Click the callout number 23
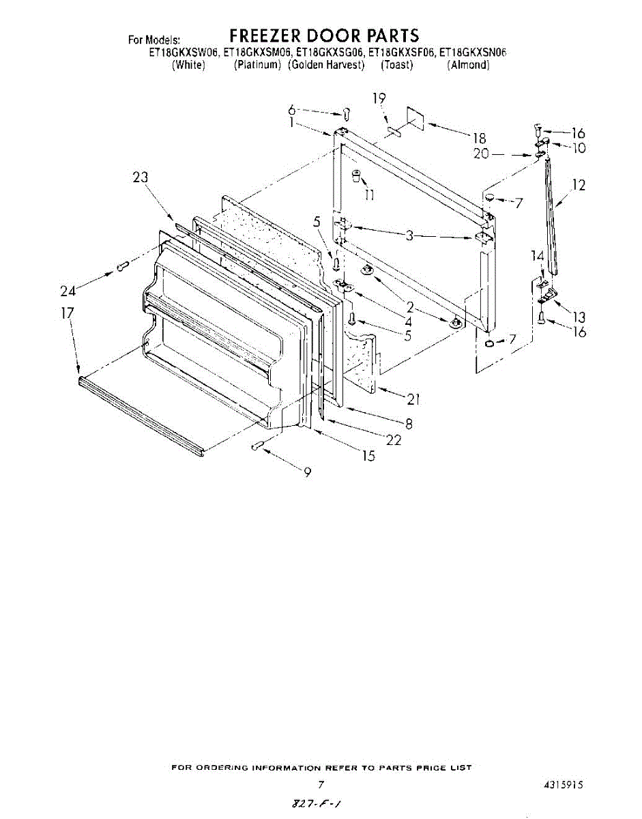tap(141, 177)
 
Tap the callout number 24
tap(68, 291)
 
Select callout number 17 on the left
tap(67, 314)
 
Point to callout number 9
tap(308, 471)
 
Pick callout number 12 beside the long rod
tap(579, 184)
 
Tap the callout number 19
tap(380, 98)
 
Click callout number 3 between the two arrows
tap(409, 236)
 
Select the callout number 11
tap(370, 195)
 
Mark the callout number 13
tap(579, 317)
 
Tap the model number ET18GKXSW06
tap(184, 52)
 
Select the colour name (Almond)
tap(469, 65)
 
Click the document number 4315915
tap(563, 785)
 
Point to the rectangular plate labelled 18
tap(414, 118)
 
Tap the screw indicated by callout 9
tap(258, 446)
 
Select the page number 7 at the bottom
tap(321, 785)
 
